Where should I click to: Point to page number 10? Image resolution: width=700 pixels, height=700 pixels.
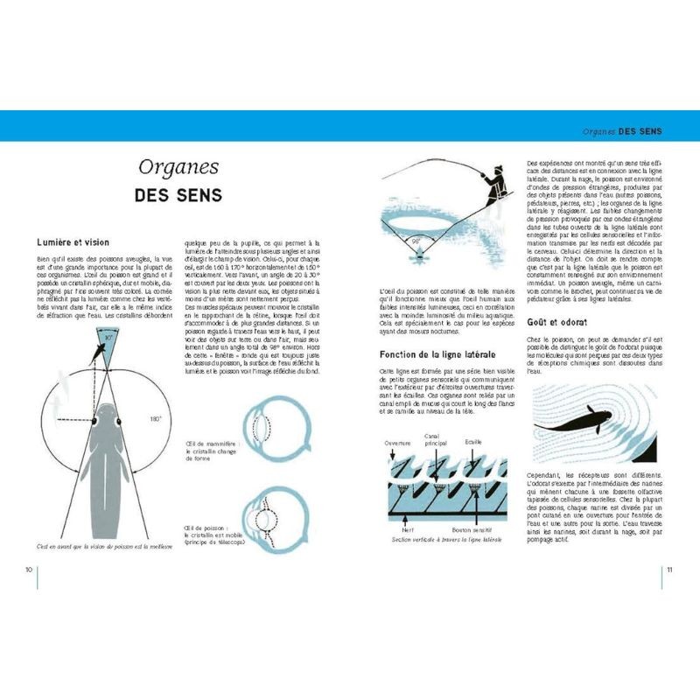click(x=29, y=570)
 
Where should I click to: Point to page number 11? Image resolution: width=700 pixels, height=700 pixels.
click(x=669, y=570)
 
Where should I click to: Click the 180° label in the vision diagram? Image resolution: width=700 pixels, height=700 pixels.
click(x=155, y=420)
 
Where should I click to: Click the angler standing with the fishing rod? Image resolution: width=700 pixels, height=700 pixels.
click(x=494, y=185)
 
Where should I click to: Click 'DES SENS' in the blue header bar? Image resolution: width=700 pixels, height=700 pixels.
click(x=640, y=131)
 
